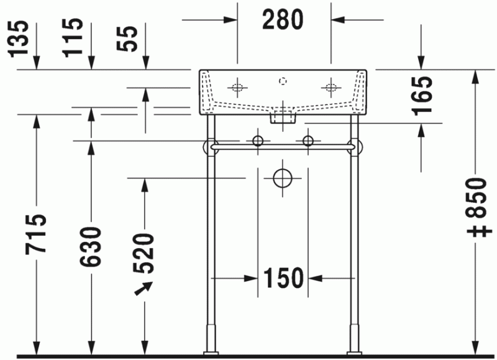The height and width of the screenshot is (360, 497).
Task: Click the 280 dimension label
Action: [x=283, y=20]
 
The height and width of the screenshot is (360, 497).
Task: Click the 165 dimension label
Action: [x=422, y=95]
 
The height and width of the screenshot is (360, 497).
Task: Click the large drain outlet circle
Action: [x=283, y=178]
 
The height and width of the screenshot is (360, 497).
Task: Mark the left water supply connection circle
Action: [x=258, y=141]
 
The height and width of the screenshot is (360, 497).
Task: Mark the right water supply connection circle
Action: [x=308, y=141]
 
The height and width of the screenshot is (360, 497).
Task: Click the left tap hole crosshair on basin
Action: [x=237, y=86]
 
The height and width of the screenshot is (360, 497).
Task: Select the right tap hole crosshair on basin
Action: [x=330, y=86]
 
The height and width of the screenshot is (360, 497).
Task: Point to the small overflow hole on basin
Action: [x=283, y=80]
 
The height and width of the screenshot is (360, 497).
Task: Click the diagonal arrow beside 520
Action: [x=144, y=289]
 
